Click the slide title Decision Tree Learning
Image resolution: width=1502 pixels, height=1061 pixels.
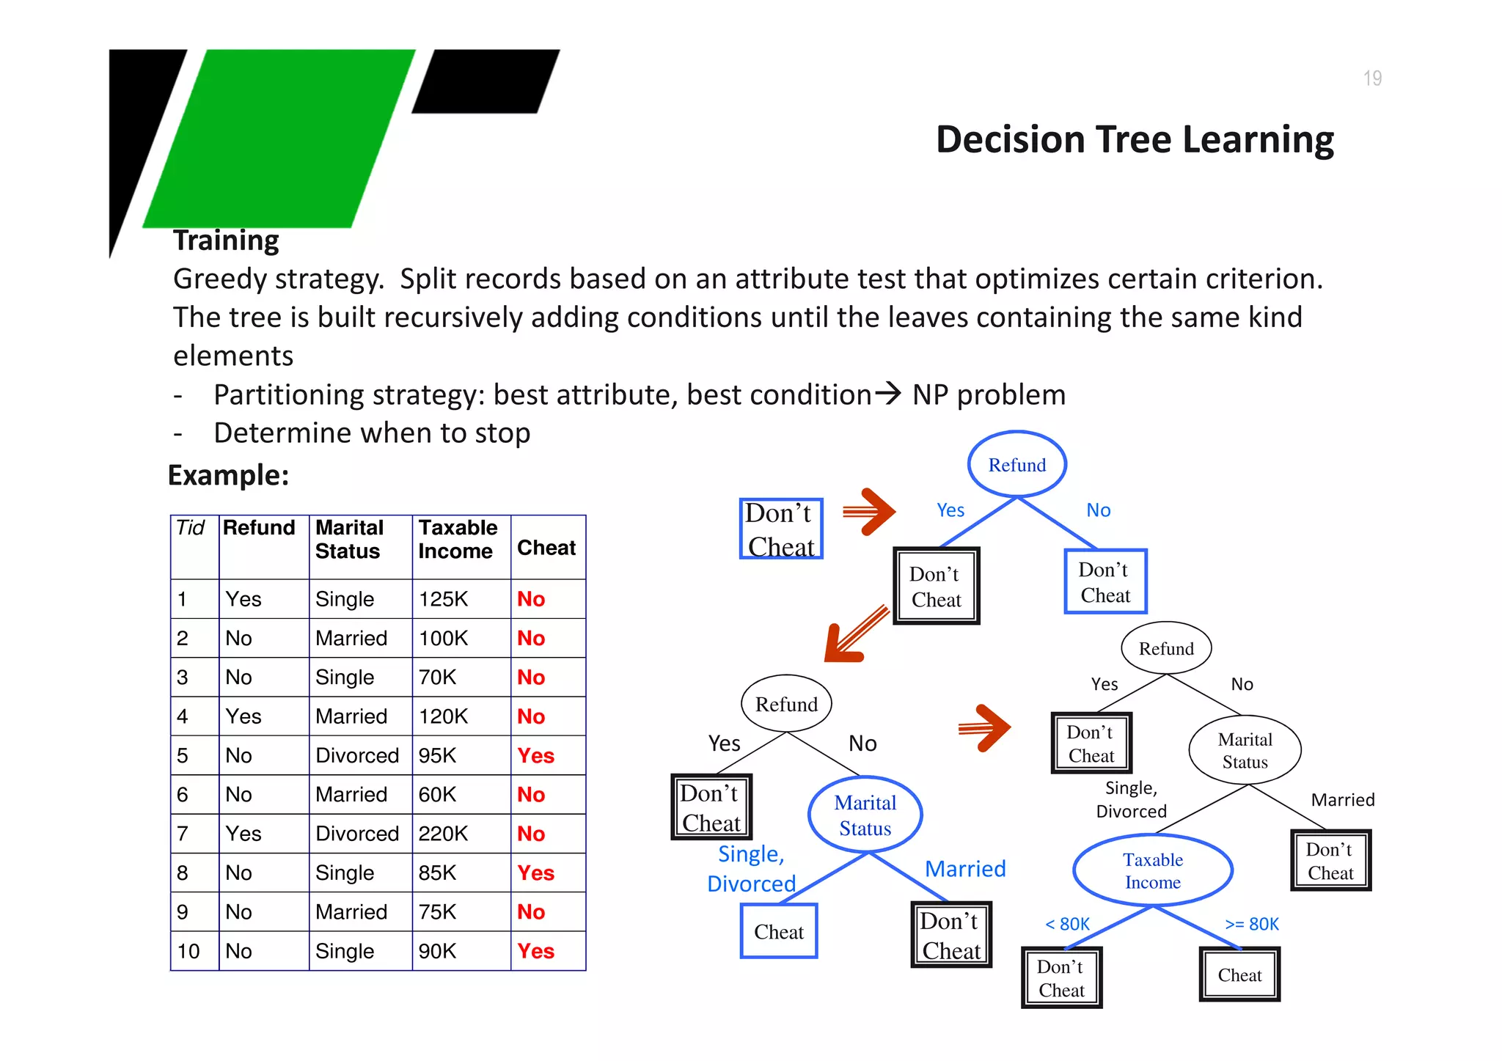click(1134, 139)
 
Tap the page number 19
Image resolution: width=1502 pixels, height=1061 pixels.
click(1371, 78)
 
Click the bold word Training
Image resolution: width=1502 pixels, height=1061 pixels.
click(226, 241)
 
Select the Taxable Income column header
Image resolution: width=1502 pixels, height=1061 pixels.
click(458, 540)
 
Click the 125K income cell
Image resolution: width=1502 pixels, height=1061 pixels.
click(443, 599)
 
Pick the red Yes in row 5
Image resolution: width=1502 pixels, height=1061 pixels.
click(535, 756)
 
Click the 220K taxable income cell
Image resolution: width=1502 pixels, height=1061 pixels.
click(443, 834)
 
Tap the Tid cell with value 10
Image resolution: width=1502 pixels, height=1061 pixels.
click(188, 951)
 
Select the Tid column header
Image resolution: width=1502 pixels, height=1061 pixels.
click(191, 528)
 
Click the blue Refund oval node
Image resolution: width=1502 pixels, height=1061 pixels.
click(1016, 465)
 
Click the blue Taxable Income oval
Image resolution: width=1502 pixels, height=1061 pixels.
click(1152, 870)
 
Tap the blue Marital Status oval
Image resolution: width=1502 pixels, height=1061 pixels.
click(865, 815)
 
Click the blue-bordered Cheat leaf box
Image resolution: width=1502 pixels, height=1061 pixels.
click(779, 931)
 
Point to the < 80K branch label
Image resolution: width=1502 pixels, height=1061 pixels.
click(1067, 924)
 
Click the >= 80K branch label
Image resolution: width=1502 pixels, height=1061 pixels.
click(1252, 924)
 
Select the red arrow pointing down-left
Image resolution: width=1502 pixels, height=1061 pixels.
click(854, 636)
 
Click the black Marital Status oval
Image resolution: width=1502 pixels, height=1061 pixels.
click(1245, 750)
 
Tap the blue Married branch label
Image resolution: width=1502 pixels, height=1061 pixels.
click(965, 869)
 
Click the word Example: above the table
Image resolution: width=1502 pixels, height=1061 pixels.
click(229, 475)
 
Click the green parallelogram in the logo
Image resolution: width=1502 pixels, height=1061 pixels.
click(279, 138)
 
